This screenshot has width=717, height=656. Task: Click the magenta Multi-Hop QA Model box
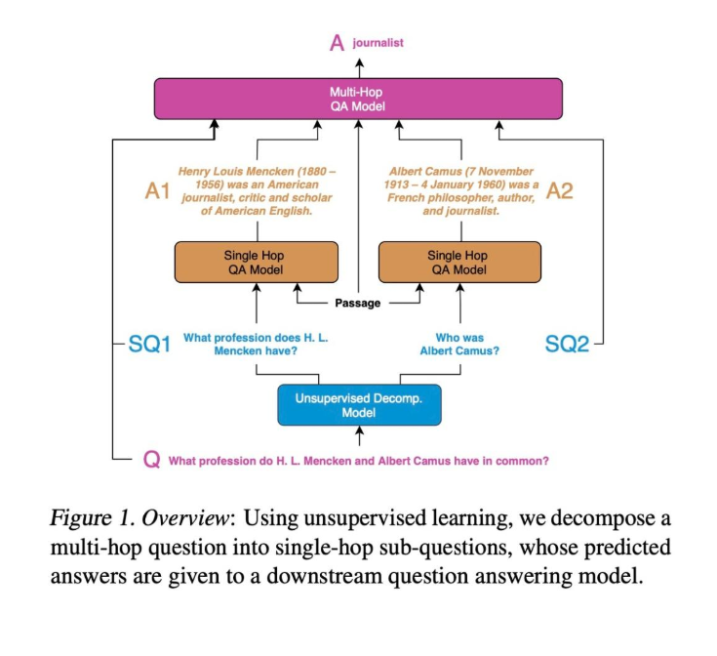359,99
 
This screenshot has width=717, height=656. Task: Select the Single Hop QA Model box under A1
256,263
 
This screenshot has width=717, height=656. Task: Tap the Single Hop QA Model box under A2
458,263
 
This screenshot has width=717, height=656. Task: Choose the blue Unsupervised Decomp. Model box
359,404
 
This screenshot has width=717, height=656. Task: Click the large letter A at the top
337,42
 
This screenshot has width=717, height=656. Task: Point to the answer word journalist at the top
378,43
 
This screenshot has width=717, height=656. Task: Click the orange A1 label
159,191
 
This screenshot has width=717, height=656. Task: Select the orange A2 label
559,191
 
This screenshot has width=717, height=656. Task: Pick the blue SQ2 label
567,345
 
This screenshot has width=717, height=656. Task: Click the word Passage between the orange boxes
358,303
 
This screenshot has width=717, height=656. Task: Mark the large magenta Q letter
152,460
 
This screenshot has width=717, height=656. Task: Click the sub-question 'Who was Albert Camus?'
459,345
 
